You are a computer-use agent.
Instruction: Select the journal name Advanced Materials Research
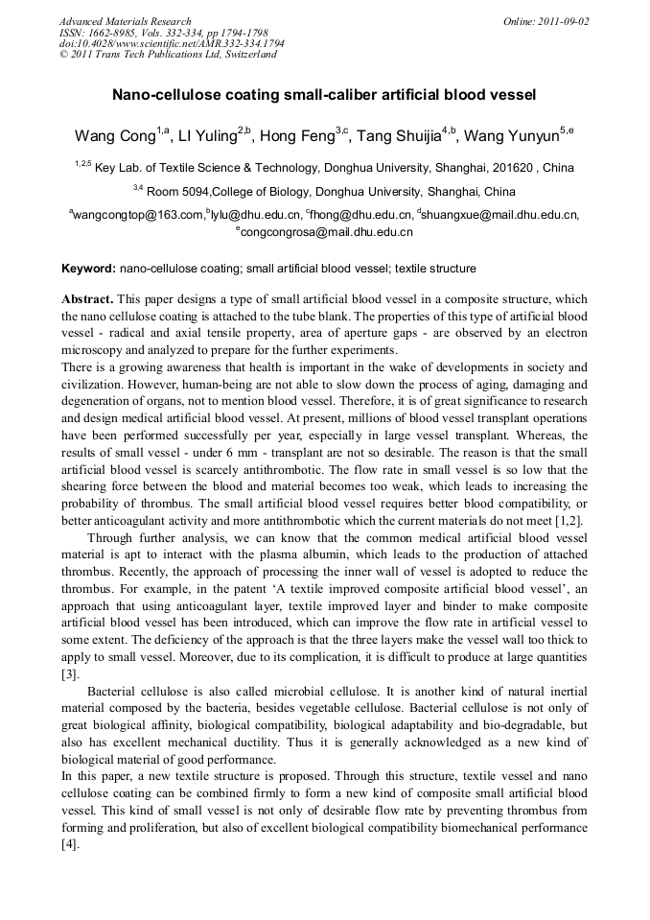tap(125, 21)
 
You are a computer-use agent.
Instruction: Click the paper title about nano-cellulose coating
tap(324, 96)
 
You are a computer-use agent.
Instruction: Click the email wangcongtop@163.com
tap(138, 215)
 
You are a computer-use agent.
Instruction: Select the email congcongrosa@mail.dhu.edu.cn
tap(327, 232)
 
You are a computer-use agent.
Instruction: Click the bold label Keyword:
tap(88, 269)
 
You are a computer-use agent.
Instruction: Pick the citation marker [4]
tap(70, 845)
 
